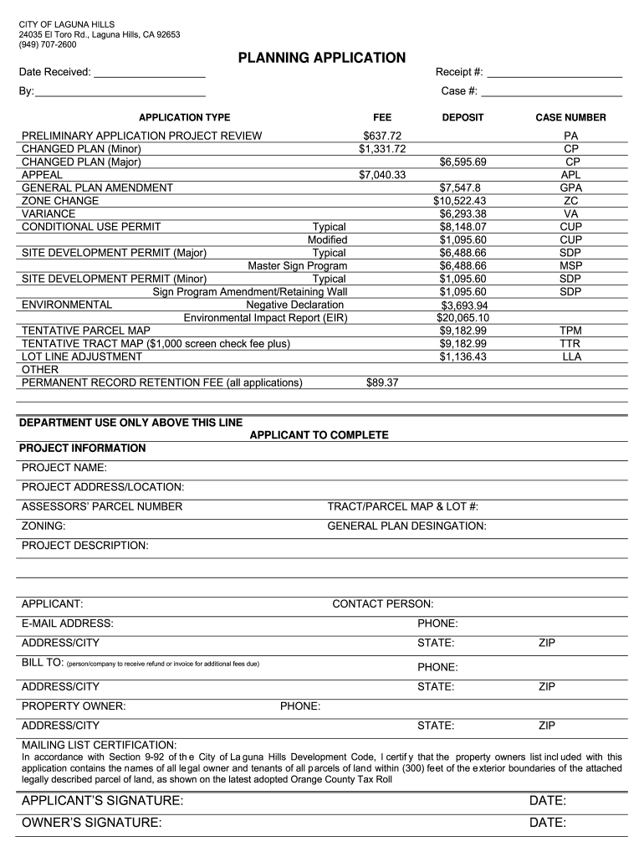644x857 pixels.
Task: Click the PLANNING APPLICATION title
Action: tap(322, 58)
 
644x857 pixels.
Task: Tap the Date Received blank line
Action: tap(150, 75)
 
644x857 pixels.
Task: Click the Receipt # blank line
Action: tap(555, 75)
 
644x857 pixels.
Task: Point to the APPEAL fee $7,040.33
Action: tap(382, 175)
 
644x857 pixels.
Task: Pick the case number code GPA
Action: tap(571, 188)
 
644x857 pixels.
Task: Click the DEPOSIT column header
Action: tap(463, 118)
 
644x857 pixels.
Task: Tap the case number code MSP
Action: tap(571, 265)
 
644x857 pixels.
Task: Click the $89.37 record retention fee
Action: tap(382, 382)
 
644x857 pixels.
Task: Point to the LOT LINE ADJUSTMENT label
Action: tap(82, 357)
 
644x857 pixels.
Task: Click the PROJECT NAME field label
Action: tap(64, 467)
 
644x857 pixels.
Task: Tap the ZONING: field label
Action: tap(43, 526)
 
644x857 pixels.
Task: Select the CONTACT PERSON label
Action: tap(382, 603)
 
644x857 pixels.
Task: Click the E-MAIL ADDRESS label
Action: tap(67, 624)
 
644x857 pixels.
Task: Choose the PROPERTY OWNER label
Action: tap(74, 706)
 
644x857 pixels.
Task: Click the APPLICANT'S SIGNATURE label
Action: tap(102, 802)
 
